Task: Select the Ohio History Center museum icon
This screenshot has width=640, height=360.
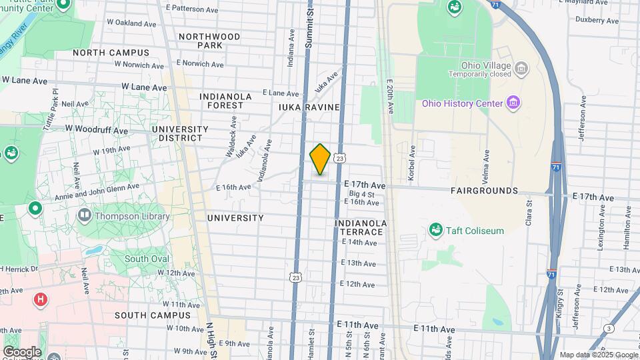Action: pos(513,103)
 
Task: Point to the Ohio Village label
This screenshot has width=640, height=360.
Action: pos(485,65)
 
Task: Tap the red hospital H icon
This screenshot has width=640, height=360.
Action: pos(41,299)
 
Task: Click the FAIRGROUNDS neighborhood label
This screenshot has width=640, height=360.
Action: pos(484,191)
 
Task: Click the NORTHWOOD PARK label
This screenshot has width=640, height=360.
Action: pos(209,41)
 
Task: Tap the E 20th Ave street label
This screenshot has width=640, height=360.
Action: pos(390,97)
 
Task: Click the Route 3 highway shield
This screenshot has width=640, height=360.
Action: pos(609,328)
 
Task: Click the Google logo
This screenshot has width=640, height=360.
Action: pos(22,351)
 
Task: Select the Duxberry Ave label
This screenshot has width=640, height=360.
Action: pos(597,21)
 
